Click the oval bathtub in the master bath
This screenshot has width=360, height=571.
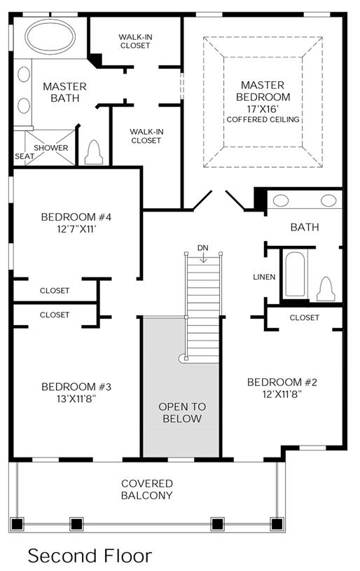click(50, 36)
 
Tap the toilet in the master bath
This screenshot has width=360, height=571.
click(94, 152)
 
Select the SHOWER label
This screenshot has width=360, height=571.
click(51, 148)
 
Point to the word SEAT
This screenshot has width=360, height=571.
click(25, 156)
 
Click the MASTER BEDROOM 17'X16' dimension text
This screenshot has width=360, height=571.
click(263, 109)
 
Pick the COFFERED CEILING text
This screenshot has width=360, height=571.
click(263, 119)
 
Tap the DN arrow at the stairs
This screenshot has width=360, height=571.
click(203, 257)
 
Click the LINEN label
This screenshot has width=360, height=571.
click(264, 277)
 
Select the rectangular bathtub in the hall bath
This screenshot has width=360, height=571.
click(295, 274)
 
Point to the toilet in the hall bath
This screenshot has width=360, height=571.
click(326, 289)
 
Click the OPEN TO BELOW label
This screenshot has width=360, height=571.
click(182, 413)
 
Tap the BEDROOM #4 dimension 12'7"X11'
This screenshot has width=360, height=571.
click(76, 229)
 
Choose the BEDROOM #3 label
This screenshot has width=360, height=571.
click(76, 387)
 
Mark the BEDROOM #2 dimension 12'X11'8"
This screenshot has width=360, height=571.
click(282, 394)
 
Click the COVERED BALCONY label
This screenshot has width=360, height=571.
click(146, 490)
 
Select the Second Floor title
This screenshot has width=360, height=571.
click(90, 556)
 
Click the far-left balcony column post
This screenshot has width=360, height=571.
click(17, 524)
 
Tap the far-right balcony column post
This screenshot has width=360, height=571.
click(277, 524)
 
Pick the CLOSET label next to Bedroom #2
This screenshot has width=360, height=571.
click(304, 317)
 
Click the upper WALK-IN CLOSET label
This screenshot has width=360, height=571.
click(135, 41)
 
